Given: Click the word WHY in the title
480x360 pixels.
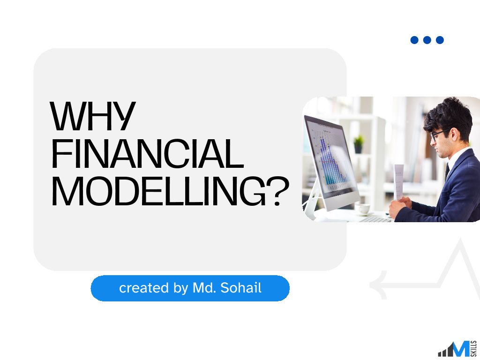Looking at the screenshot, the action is click(x=92, y=116).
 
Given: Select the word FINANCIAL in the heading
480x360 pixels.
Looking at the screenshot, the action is click(x=148, y=154).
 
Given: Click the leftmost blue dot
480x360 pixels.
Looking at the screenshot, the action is click(x=414, y=40).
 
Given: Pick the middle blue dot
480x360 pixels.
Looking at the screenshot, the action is click(x=427, y=40).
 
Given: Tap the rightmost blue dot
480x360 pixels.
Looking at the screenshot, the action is click(x=440, y=40).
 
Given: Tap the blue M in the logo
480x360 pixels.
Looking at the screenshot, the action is click(x=460, y=349).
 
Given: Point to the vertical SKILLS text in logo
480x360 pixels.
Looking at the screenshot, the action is click(x=474, y=349).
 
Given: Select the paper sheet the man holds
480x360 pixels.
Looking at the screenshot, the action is click(x=398, y=182).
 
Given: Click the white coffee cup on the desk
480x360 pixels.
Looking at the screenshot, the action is click(x=363, y=209).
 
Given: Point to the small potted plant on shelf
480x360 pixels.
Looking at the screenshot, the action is click(x=359, y=144).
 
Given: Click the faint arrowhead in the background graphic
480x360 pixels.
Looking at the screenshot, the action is click(x=379, y=285).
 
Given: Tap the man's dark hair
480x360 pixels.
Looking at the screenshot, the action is click(x=449, y=115).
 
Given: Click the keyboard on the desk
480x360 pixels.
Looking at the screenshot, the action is click(x=375, y=219).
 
